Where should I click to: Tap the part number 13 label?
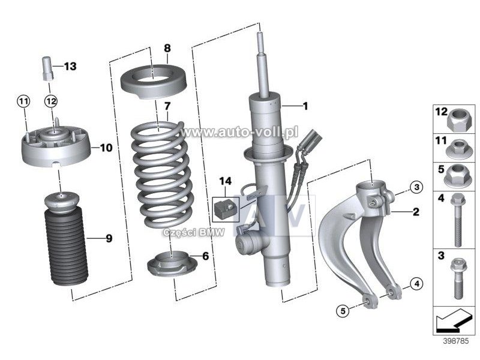point(70,66)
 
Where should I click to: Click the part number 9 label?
point(109,239)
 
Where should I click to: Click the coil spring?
point(162,174)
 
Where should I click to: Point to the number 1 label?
point(305,106)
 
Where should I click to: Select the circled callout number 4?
point(416,283)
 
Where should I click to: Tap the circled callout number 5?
point(343,310)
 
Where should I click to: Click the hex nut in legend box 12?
point(458,121)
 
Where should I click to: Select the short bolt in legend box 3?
point(458,280)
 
